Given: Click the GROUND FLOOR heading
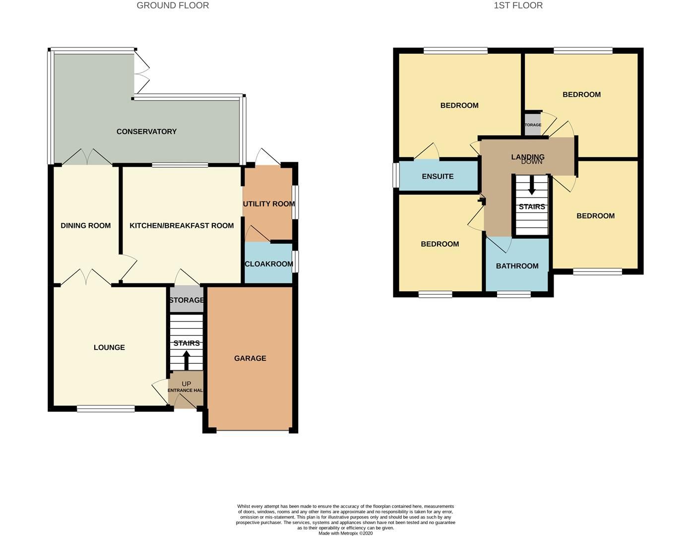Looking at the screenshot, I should (x=173, y=5).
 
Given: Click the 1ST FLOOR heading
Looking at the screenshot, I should (x=518, y=5).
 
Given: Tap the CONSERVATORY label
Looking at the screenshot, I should (x=146, y=132).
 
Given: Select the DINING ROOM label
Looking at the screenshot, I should (x=85, y=225).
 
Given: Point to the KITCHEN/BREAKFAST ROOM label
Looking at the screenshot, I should (x=182, y=225).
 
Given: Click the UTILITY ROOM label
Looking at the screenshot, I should (x=268, y=203).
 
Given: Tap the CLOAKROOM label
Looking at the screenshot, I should (x=268, y=264).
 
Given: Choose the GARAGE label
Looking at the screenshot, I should (x=250, y=358).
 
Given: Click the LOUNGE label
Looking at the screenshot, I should (x=109, y=347).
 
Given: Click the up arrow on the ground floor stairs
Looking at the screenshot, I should (x=187, y=360).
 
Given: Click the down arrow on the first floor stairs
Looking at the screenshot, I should (x=532, y=186).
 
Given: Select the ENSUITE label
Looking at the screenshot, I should (x=438, y=176).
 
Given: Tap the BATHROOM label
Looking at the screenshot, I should (x=517, y=266).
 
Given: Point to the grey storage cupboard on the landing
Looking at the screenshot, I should (x=533, y=125).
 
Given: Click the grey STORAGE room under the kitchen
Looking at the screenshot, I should (x=186, y=300).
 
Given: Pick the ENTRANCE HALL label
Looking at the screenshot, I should (x=185, y=390).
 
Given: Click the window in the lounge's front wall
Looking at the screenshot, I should (x=106, y=409).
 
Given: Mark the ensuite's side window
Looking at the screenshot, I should (x=396, y=176).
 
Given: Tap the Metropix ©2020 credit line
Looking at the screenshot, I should (x=345, y=533).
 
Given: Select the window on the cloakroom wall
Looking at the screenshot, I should (x=295, y=262).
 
